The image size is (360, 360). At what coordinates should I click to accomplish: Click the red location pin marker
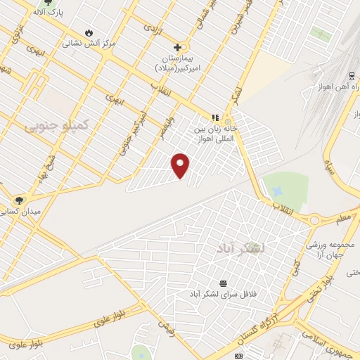[x=181, y=165]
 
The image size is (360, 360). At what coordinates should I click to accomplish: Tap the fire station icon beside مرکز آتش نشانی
[x=89, y=32]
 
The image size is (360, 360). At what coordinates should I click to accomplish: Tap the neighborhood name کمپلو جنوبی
[x=56, y=124]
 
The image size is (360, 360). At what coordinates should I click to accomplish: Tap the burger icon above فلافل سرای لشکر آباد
[x=223, y=282]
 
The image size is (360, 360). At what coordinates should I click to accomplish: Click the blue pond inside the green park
[x=278, y=191]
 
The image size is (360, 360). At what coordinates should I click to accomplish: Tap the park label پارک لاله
[x=49, y=13]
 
